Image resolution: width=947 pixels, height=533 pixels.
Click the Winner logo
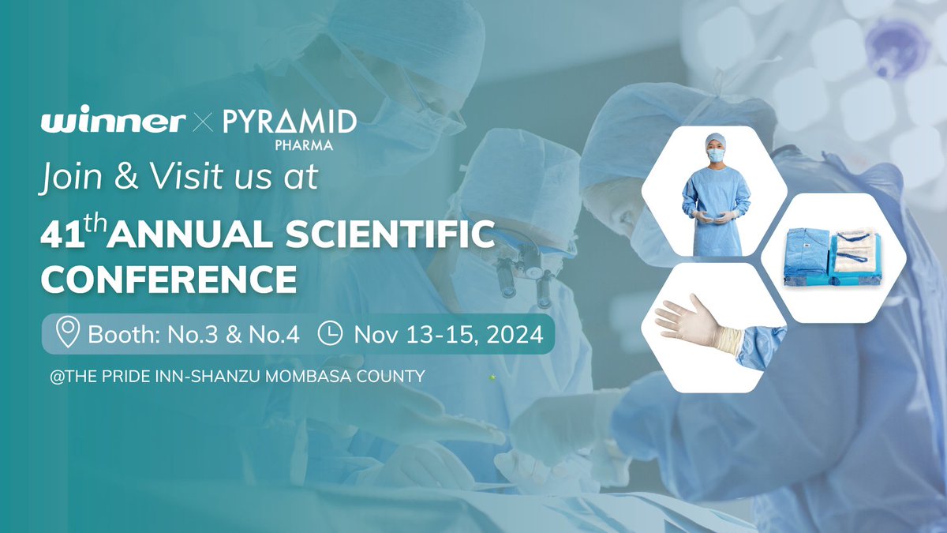[113, 122]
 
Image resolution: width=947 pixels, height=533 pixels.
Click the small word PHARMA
[309, 145]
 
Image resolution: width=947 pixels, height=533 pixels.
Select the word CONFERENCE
[169, 278]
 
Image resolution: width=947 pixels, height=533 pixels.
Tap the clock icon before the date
[330, 334]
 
